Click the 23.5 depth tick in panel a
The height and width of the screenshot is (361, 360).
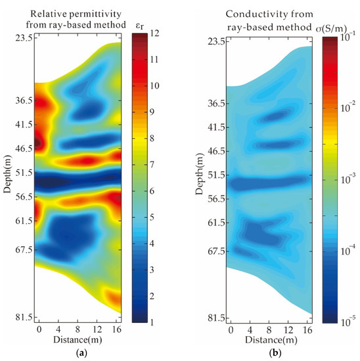(x=24, y=38)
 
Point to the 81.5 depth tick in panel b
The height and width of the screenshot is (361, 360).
(x=212, y=318)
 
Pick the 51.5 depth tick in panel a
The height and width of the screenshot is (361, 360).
(x=24, y=173)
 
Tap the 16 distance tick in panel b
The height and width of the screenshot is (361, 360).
(x=307, y=329)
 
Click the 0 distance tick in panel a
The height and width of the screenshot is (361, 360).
(x=39, y=328)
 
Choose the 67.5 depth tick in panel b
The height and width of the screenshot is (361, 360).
(x=212, y=251)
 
